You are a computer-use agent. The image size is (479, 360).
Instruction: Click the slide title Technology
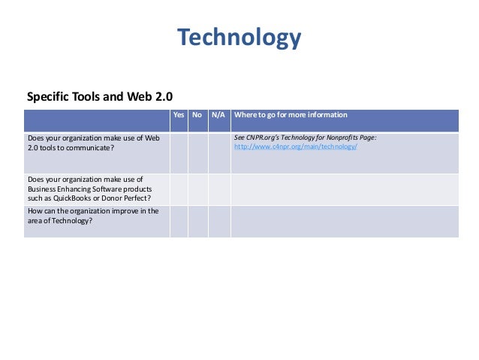pos(239,37)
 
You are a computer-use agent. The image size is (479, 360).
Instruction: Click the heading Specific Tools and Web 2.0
pos(100,97)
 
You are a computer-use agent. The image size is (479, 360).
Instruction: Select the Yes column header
pos(179,115)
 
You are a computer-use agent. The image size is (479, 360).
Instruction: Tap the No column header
pos(197,115)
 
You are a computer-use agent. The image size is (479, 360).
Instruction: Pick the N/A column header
pos(218,115)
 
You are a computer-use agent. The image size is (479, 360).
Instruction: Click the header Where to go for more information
pos(291,115)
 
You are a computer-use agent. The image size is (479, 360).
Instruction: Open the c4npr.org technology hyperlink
pos(295,147)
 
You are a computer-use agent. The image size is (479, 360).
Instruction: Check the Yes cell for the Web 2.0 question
pos(179,153)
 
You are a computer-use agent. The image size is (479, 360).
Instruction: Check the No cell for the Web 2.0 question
pos(197,153)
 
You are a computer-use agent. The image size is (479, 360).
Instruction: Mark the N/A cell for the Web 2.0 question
pos(218,153)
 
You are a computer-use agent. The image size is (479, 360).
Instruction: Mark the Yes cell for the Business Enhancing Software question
pos(179,189)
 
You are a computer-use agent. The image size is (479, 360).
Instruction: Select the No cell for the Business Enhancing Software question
pos(197,189)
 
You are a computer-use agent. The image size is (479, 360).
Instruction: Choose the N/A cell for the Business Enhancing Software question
pos(218,189)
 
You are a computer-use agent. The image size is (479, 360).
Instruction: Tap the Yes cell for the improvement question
pos(179,221)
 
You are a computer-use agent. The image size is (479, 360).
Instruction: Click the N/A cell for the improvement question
pos(218,221)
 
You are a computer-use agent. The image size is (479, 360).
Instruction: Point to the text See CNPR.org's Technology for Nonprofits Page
pos(305,138)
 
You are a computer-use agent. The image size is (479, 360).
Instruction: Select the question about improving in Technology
pos(93,216)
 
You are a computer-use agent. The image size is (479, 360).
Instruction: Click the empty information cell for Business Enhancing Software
pos(344,189)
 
